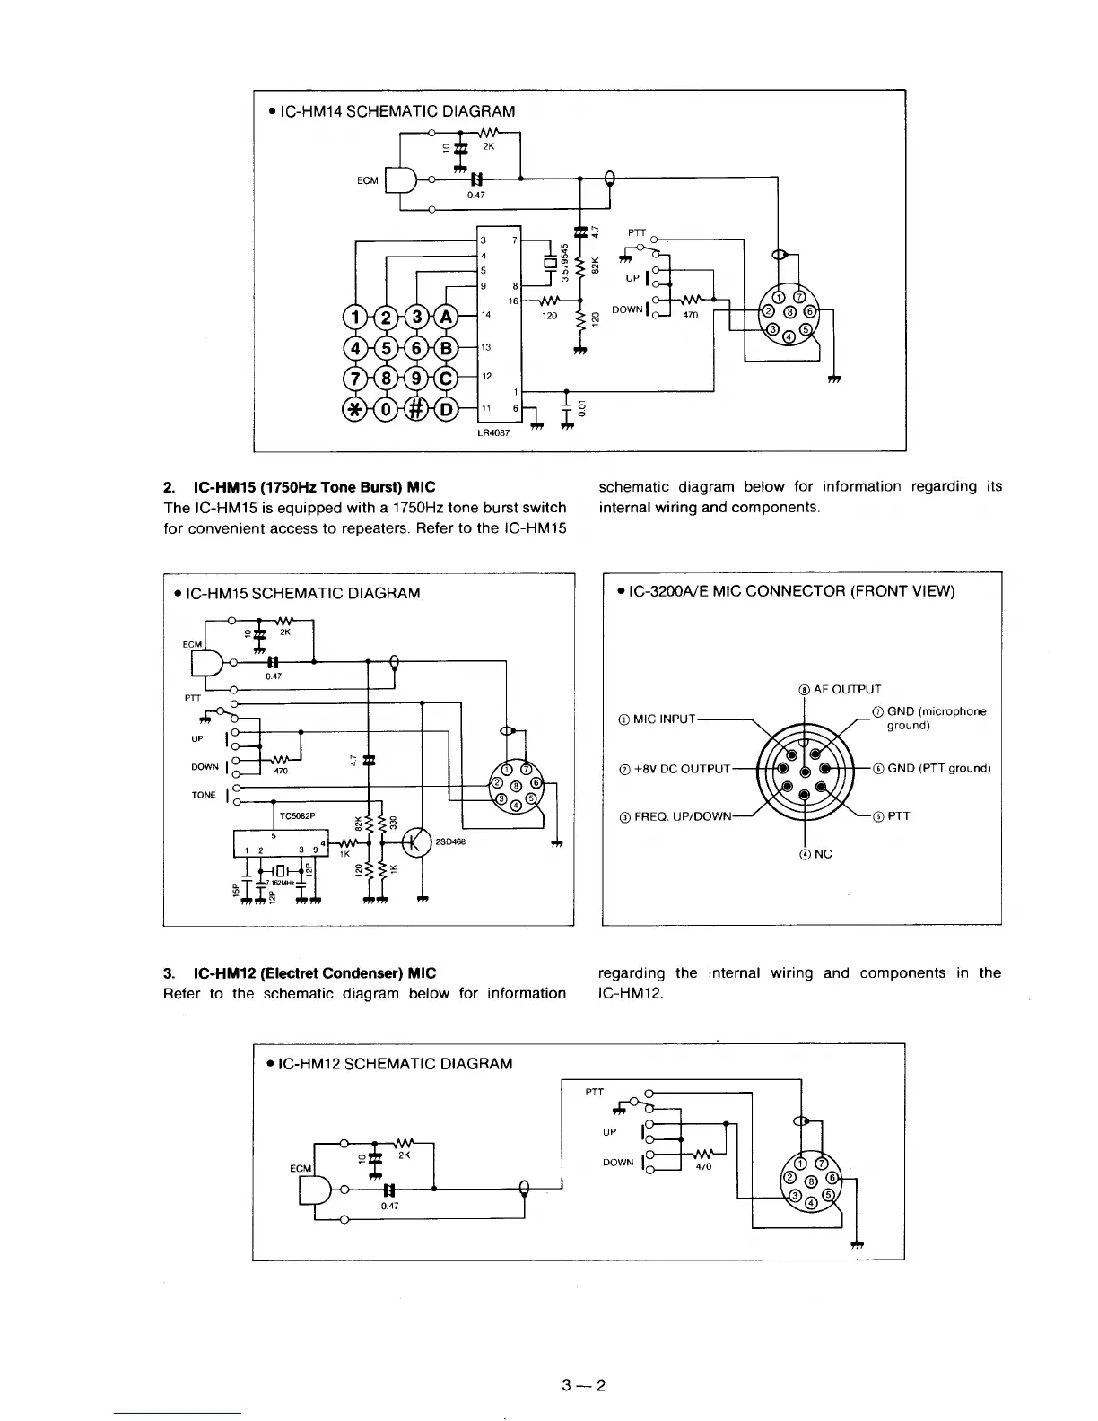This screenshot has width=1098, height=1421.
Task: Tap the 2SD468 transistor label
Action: pyautogui.click(x=450, y=841)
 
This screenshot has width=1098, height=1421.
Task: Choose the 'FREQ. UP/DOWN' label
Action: pyautogui.click(x=675, y=816)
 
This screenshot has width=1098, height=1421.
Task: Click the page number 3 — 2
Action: pyautogui.click(x=582, y=1385)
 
